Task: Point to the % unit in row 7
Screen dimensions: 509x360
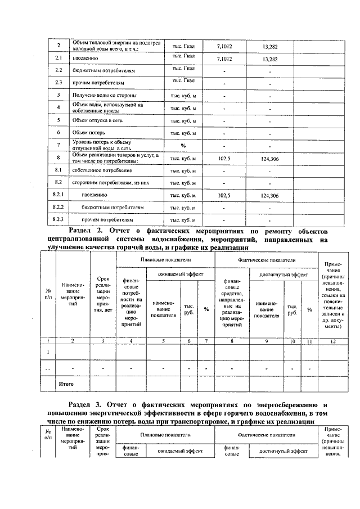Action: (x=183, y=146)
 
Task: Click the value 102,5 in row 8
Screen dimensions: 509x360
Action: (x=224, y=159)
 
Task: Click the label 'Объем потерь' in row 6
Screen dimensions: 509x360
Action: (x=90, y=133)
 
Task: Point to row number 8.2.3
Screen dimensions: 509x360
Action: (x=58, y=219)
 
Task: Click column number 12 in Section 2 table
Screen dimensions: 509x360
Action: (x=335, y=341)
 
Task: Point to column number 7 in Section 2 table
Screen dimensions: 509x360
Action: (x=206, y=341)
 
